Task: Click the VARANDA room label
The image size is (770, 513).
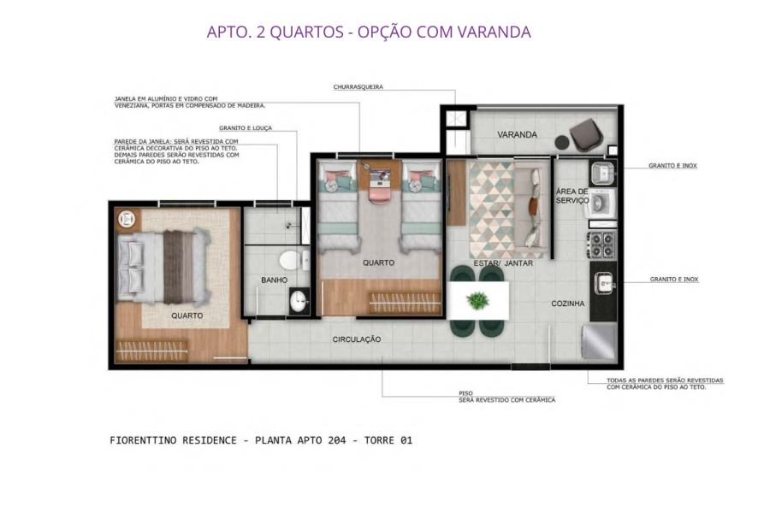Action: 517,135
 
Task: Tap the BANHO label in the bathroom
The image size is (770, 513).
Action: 274,280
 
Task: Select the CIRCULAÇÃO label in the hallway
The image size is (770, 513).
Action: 356,339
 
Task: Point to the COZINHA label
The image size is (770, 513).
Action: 567,304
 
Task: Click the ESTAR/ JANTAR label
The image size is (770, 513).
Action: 503,263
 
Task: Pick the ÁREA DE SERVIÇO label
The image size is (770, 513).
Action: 572,196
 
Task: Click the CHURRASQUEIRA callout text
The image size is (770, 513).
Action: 358,87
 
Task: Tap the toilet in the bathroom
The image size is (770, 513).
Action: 291,259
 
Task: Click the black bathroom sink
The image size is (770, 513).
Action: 299,300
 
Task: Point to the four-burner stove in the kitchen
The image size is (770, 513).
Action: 601,245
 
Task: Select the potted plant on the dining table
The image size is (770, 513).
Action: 478,300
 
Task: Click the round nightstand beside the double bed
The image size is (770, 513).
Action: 127,219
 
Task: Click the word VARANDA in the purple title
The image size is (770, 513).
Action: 494,32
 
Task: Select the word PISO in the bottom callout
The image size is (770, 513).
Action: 465,393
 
